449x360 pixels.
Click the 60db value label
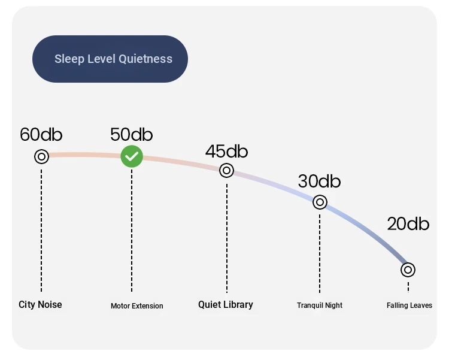click(41, 134)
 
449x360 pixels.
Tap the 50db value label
click(132, 134)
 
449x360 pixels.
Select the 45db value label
click(226, 151)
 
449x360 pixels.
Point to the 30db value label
click(319, 181)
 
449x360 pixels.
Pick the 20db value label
click(408, 224)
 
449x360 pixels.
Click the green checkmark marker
click(132, 156)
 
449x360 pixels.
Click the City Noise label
click(40, 305)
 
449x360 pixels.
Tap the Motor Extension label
click(137, 306)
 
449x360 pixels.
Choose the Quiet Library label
click(226, 305)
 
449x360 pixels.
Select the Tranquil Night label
click(320, 305)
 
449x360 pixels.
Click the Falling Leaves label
click(409, 305)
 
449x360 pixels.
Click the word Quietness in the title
click(145, 59)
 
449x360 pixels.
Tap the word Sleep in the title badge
click(69, 59)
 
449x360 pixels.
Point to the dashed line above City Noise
click(41, 231)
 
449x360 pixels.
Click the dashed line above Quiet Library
click(227, 238)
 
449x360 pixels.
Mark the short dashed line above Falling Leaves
click(408, 287)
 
